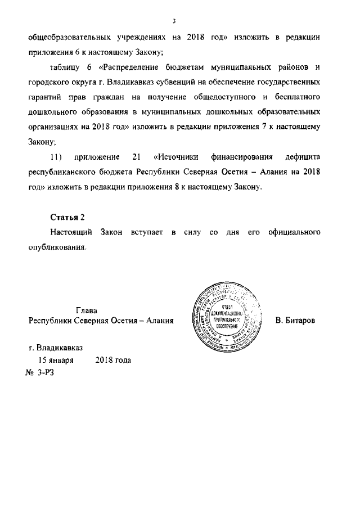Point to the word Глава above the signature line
pyautogui.click(x=87, y=310)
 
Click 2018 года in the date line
pyautogui.click(x=113, y=359)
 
